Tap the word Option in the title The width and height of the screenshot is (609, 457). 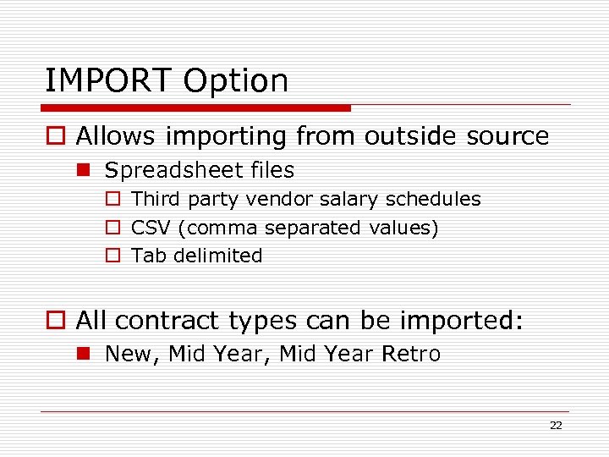(236, 82)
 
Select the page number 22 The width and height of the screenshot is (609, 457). (556, 426)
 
